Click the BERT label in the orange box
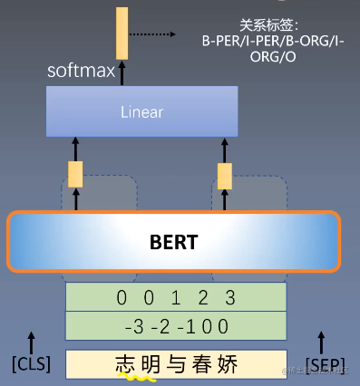click(172, 243)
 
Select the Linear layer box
click(141, 111)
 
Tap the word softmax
click(82, 71)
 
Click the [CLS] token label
click(31, 364)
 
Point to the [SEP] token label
click(325, 364)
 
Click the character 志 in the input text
click(125, 364)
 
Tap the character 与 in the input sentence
click(177, 364)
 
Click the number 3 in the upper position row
click(231, 297)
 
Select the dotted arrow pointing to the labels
click(151, 34)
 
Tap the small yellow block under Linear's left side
click(75, 173)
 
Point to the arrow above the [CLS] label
click(32, 342)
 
